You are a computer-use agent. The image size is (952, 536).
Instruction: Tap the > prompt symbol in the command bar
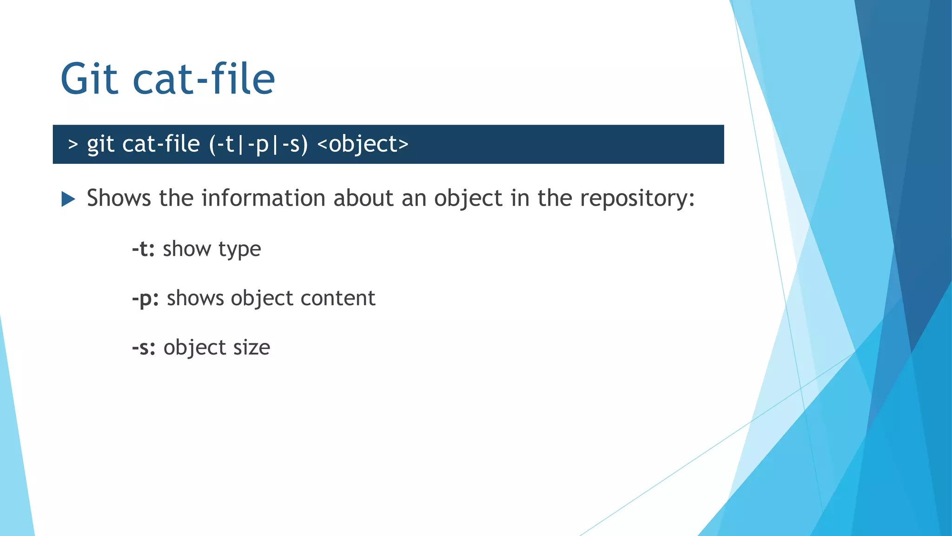[x=73, y=144]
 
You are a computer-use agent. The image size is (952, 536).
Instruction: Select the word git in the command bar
[x=100, y=145]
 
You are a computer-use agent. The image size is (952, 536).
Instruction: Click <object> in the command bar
[x=363, y=144]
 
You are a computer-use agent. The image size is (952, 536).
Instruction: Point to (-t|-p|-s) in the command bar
[x=258, y=144]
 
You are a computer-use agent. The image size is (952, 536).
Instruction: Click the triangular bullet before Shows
[x=68, y=199]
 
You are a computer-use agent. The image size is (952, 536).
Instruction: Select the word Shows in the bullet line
[x=119, y=198]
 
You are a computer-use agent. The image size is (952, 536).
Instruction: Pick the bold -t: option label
[x=143, y=249]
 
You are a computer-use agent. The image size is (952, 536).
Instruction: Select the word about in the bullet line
[x=364, y=198]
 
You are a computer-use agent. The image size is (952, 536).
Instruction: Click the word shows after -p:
[x=195, y=298]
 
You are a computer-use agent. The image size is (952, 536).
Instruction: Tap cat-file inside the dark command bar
[x=161, y=144]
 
